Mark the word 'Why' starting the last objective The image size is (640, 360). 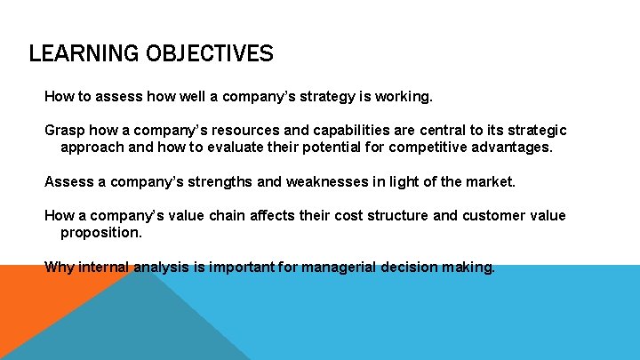[60, 268]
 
